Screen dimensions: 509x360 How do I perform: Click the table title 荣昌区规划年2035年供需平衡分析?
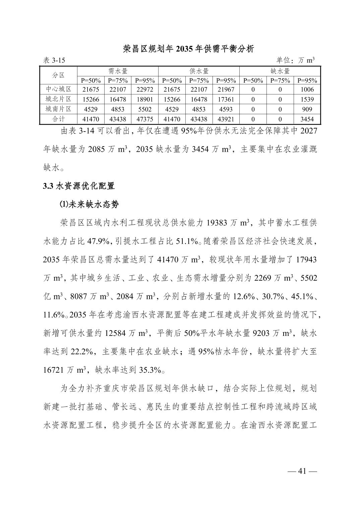click(189, 49)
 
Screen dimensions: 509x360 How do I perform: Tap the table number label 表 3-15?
click(54, 60)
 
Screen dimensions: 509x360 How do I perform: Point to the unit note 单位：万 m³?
click(295, 60)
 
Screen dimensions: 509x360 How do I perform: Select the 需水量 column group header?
click(118, 71)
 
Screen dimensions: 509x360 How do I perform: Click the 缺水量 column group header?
click(280, 71)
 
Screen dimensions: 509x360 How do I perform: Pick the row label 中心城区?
click(59, 89)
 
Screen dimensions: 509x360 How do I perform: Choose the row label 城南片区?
click(59, 109)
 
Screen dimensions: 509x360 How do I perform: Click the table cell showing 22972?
click(145, 89)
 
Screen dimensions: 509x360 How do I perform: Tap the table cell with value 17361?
click(226, 99)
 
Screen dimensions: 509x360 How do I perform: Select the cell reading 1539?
click(307, 99)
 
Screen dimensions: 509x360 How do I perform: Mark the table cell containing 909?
click(307, 109)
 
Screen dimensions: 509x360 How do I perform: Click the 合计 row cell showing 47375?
click(145, 119)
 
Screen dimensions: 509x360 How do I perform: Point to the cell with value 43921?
click(226, 119)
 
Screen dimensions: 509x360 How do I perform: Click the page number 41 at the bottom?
click(302, 471)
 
